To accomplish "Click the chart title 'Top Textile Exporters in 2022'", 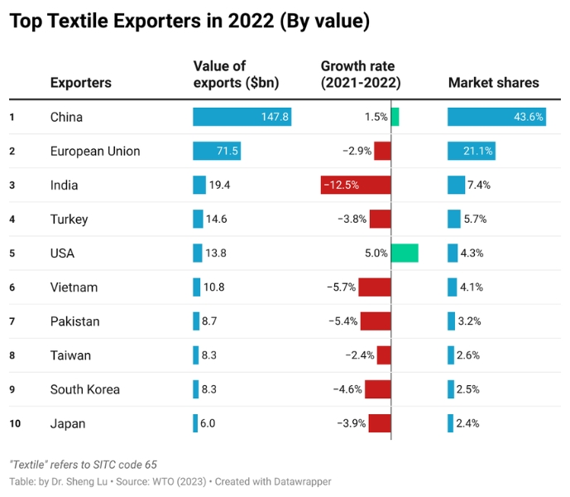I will click(x=189, y=22).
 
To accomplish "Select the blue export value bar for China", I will click(x=242, y=117).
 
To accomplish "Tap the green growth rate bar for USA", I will click(x=405, y=253).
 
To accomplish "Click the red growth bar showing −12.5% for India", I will click(x=356, y=185).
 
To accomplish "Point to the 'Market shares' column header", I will click(x=493, y=82).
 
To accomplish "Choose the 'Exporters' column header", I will click(x=80, y=82).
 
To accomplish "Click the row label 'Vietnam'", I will click(x=74, y=287).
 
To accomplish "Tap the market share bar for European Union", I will click(x=472, y=151).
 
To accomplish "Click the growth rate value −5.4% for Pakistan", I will click(x=342, y=321).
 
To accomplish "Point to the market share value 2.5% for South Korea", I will click(x=469, y=389).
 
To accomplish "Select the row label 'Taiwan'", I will click(x=70, y=355).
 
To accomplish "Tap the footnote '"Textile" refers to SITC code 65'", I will click(x=83, y=465).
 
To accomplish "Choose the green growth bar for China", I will click(x=395, y=117).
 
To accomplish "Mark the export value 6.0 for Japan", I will click(x=208, y=423).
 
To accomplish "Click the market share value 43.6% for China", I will click(x=528, y=117).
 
